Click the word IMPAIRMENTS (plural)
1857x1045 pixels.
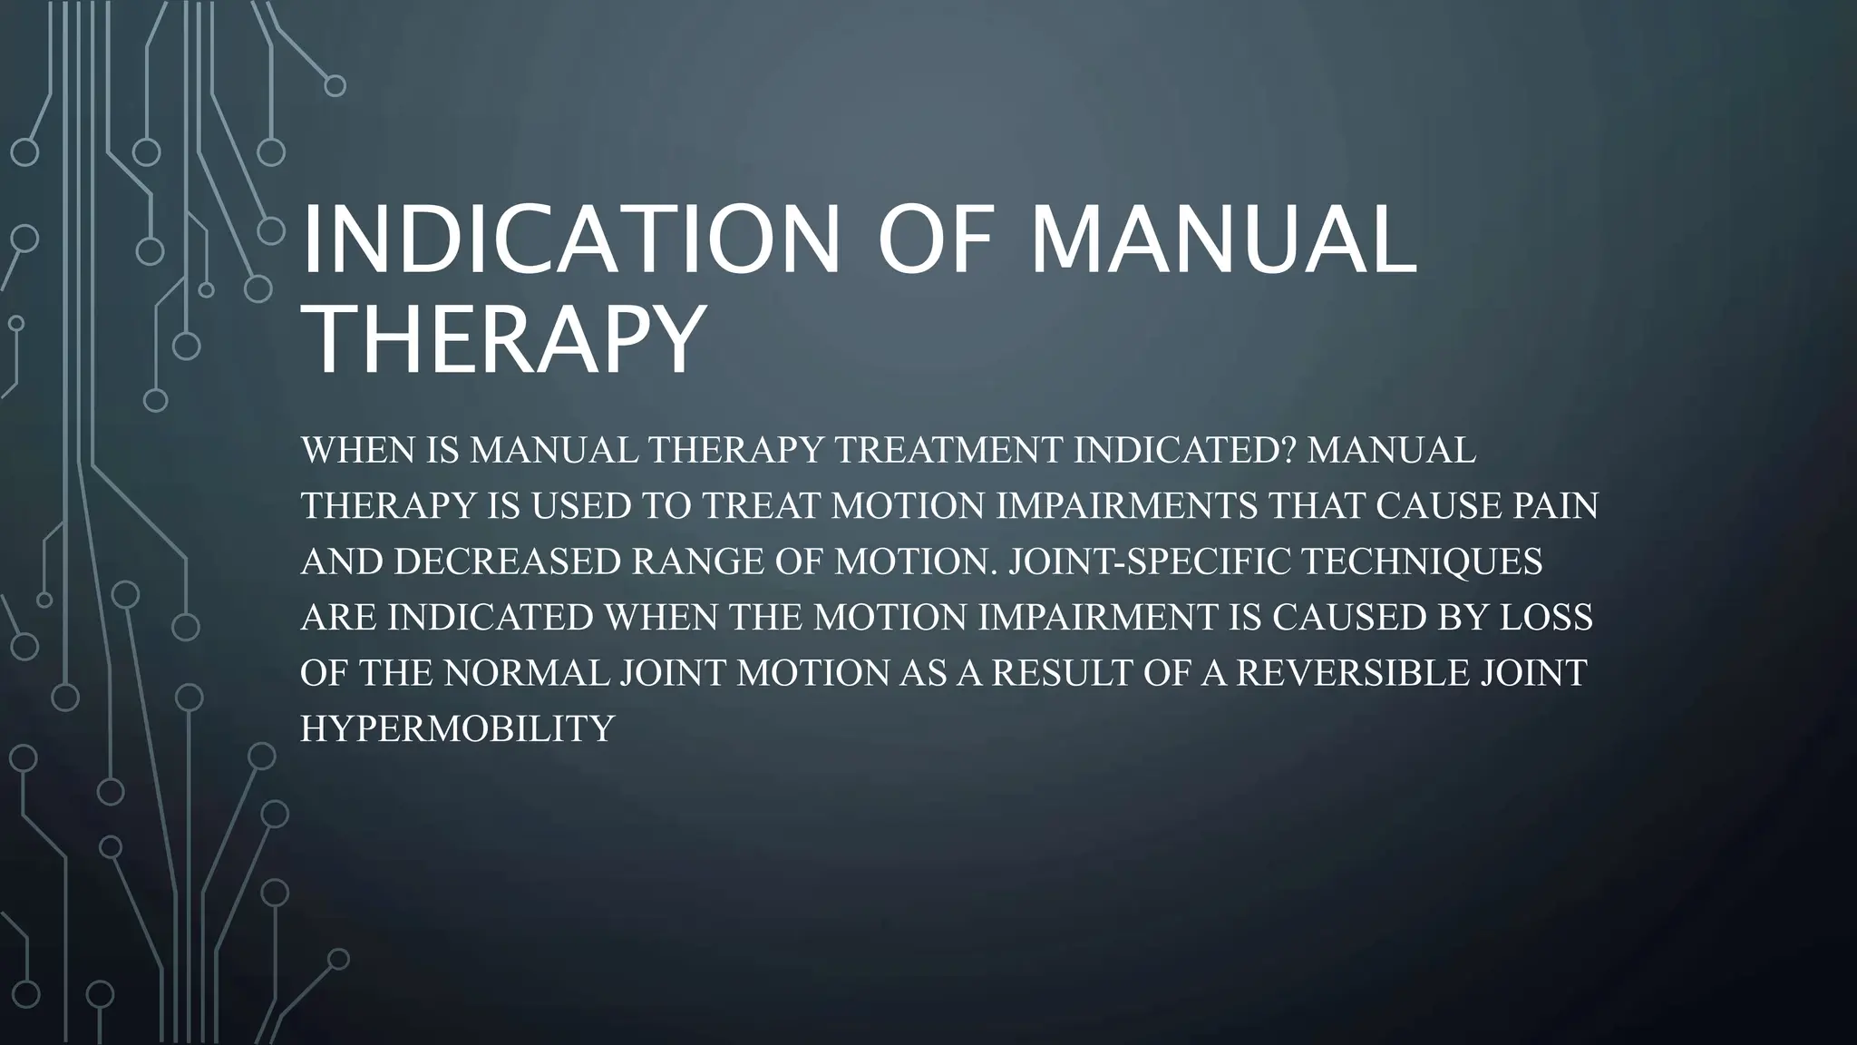tap(1127, 506)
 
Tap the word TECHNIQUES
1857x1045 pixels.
tap(1422, 562)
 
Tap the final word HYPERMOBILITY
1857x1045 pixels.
tap(458, 728)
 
